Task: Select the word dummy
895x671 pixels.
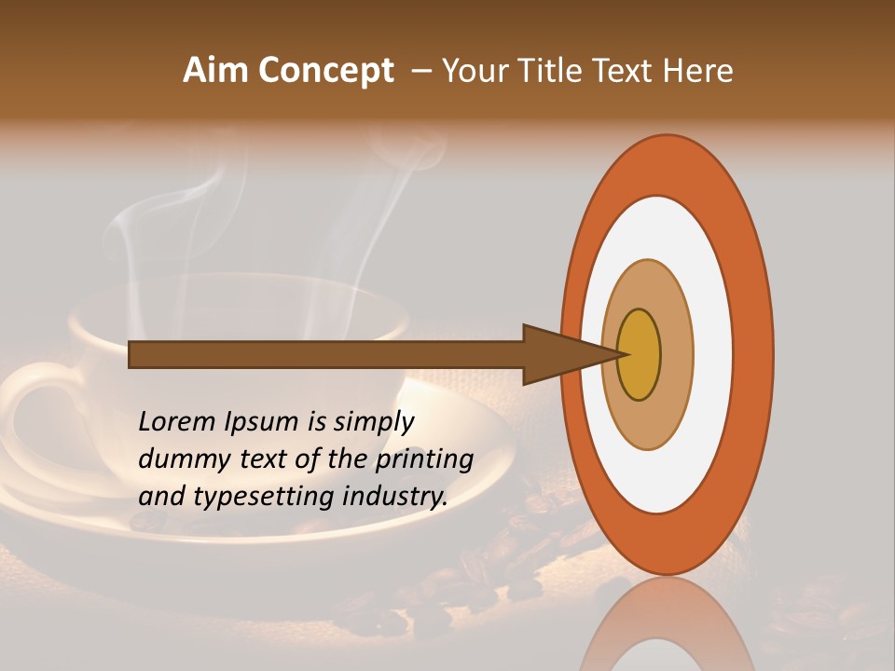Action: [181, 459]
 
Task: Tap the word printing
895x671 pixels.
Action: [424, 460]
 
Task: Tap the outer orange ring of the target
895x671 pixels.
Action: [755, 354]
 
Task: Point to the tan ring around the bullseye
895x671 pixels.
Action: [678, 354]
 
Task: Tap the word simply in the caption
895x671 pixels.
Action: [373, 423]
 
